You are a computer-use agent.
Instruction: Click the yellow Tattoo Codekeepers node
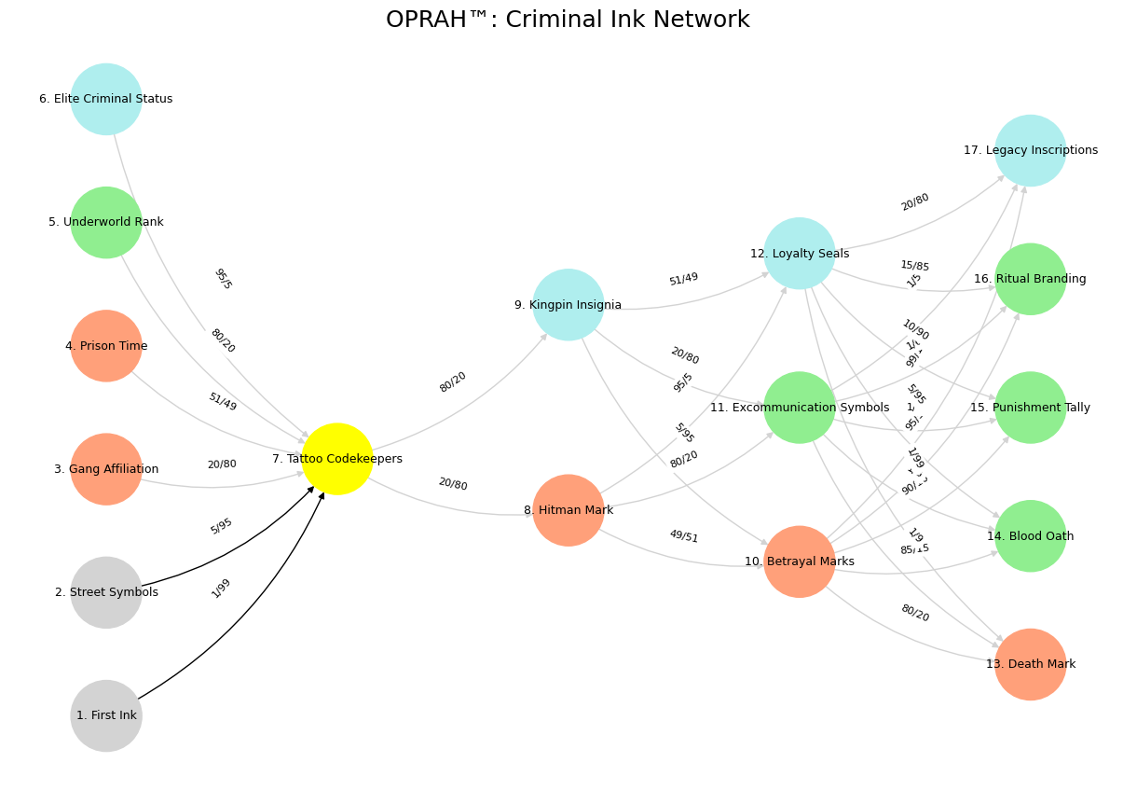pos(337,459)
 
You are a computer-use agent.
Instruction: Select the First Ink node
pos(106,715)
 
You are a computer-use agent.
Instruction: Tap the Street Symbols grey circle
pos(106,592)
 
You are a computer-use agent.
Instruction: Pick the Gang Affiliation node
pos(106,469)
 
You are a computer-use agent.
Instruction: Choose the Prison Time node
pos(106,346)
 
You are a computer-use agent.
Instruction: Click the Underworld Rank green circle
pos(106,222)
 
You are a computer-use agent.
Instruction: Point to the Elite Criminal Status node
pos(106,99)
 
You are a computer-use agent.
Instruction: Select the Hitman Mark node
pos(568,510)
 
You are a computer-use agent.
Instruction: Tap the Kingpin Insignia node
pos(568,305)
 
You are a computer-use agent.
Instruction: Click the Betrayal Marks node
pos(800,561)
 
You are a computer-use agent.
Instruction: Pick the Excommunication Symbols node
pos(800,408)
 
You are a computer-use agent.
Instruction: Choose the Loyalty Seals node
pos(800,254)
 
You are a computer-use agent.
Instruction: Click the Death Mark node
pos(1031,664)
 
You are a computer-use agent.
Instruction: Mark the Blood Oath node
pos(1031,536)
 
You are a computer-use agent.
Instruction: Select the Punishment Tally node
pos(1031,408)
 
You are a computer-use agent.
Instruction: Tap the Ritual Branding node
pos(1031,279)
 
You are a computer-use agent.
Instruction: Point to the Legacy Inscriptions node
pos(1031,150)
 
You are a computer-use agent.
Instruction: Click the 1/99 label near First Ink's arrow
pos(221,588)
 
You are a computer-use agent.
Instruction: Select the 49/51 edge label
pos(683,536)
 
